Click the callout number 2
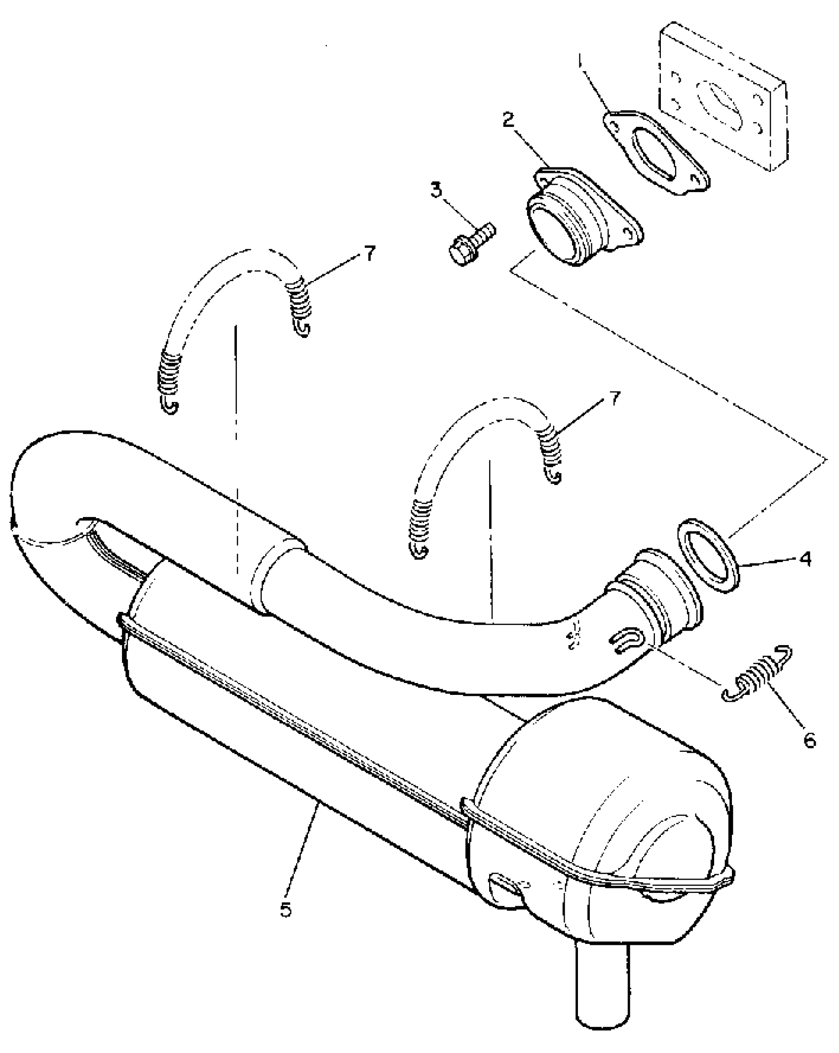point(508,120)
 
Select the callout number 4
point(805,559)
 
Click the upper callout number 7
point(370,253)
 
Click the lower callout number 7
point(613,399)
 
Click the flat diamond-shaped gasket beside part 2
point(654,151)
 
